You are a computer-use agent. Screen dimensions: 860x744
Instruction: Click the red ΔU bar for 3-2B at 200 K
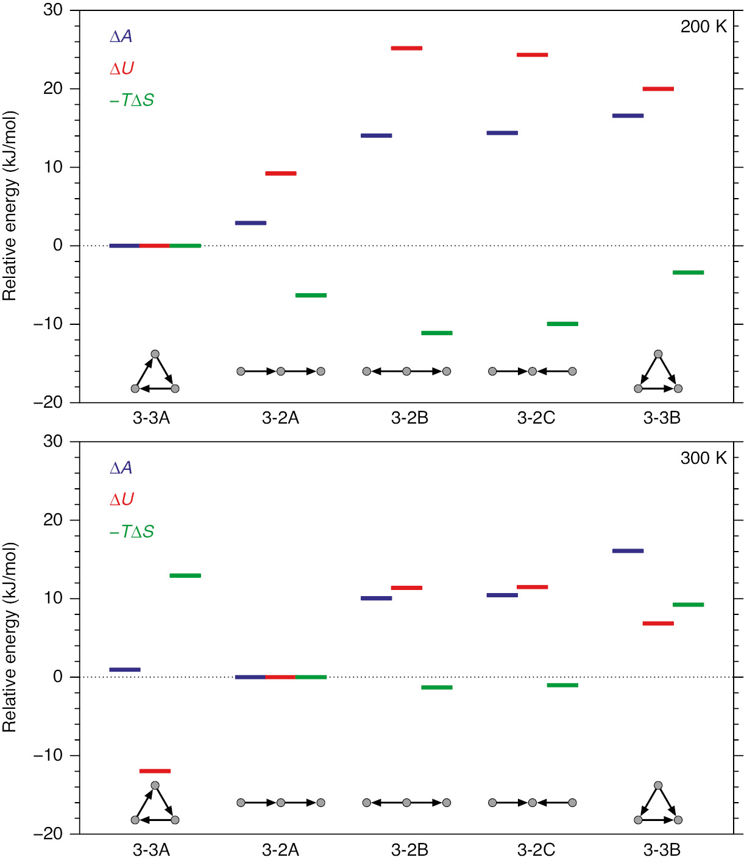coord(406,48)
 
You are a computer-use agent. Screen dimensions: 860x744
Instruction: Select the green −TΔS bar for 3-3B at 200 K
coord(688,272)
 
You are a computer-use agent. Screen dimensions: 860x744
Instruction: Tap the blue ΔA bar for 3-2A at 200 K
coord(250,223)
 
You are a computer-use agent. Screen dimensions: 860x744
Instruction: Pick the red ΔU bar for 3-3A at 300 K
coord(155,771)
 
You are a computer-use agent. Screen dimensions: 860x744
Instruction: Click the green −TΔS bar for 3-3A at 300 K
coord(185,575)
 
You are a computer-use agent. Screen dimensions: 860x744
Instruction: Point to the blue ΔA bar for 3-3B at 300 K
coord(628,551)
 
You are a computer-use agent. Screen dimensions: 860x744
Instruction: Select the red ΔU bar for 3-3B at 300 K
coord(658,624)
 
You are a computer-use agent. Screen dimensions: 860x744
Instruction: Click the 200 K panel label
coord(703,27)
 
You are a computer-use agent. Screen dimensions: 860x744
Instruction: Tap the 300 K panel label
coord(703,458)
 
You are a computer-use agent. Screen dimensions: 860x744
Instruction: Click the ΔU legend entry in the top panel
coord(121,68)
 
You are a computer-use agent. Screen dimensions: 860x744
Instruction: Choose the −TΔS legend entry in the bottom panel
coord(132,531)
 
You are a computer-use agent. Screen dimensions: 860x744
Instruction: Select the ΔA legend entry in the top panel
coord(121,37)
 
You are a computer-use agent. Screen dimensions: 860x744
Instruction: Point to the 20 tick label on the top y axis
coord(53,88)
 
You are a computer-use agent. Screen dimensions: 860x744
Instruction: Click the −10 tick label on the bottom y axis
coord(48,755)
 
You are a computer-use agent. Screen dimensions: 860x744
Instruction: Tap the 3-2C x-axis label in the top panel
coord(536,418)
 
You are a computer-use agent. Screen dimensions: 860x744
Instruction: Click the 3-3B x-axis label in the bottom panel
coord(662,850)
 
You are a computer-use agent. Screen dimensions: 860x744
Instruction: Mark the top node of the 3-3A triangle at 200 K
coord(155,354)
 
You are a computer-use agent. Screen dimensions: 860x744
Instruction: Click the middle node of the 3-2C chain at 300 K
coord(532,803)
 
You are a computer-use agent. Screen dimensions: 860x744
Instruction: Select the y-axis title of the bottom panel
coord(9,637)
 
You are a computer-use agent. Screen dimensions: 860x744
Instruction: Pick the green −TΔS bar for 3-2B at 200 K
coord(437,333)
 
